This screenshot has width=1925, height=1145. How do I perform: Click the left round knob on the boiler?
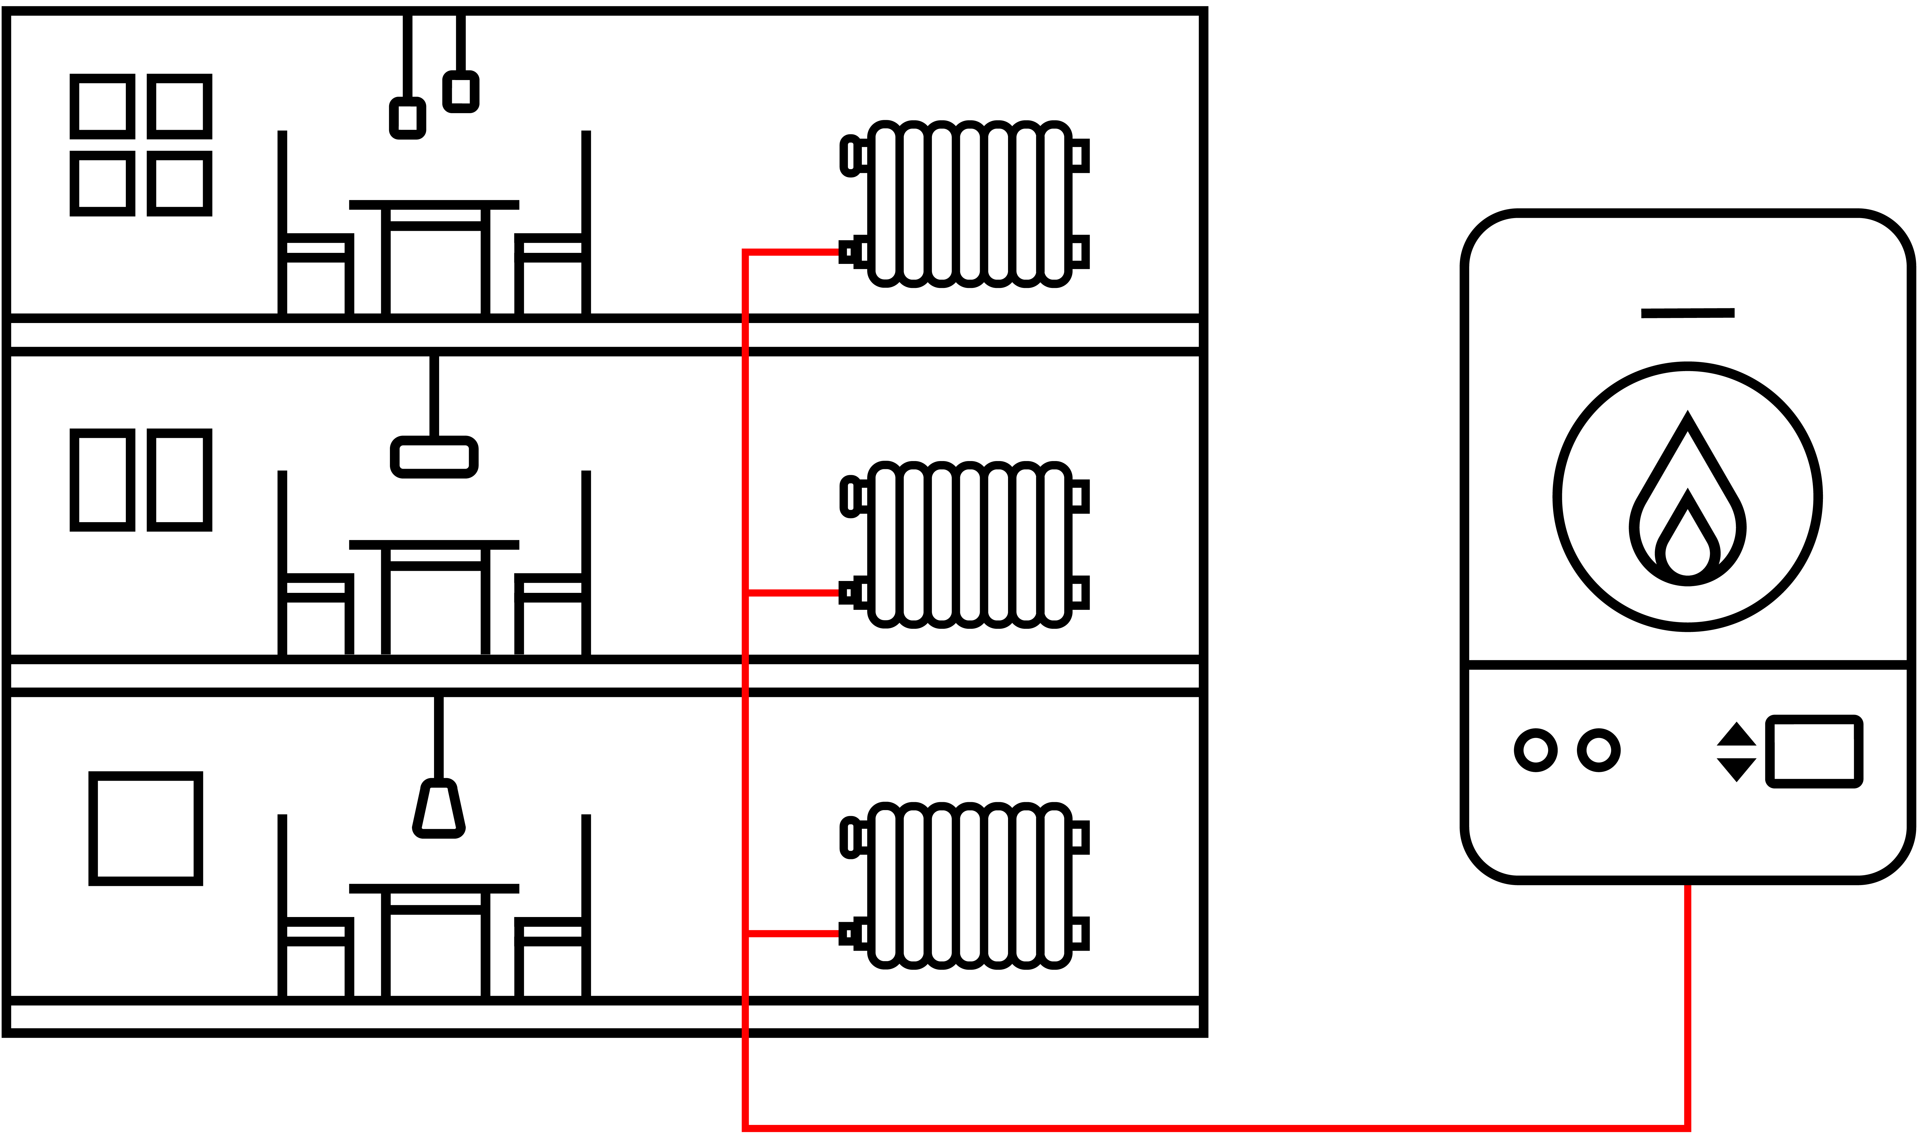[1535, 750]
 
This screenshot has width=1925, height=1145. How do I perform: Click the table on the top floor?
[434, 231]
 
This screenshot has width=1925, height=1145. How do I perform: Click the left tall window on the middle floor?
[103, 480]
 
